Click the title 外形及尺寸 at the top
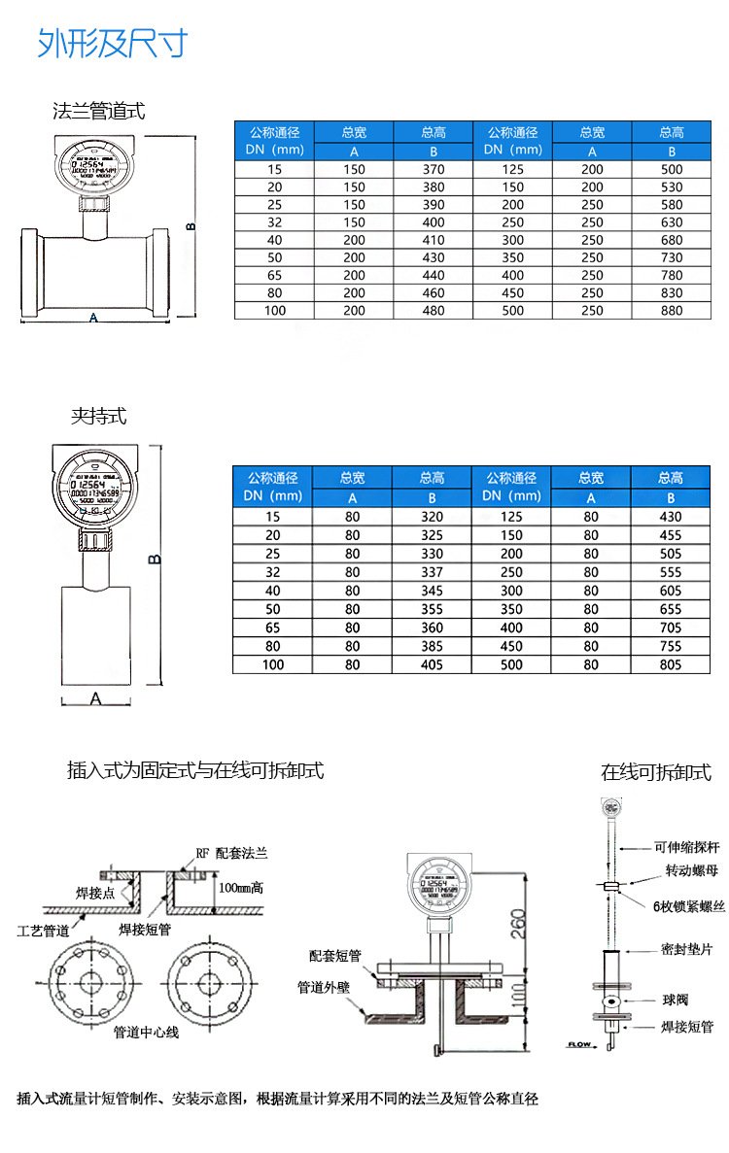click(x=111, y=44)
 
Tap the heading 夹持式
click(x=98, y=417)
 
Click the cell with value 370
click(x=434, y=169)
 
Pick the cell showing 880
click(x=672, y=311)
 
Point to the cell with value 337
click(x=432, y=572)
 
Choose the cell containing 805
click(x=670, y=664)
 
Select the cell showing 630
click(x=672, y=222)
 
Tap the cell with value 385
click(x=432, y=646)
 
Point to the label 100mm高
click(x=242, y=887)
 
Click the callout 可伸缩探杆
click(x=686, y=847)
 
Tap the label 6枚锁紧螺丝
click(x=688, y=906)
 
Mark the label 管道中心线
click(x=146, y=1032)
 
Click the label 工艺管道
click(x=44, y=930)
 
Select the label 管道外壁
click(x=324, y=987)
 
